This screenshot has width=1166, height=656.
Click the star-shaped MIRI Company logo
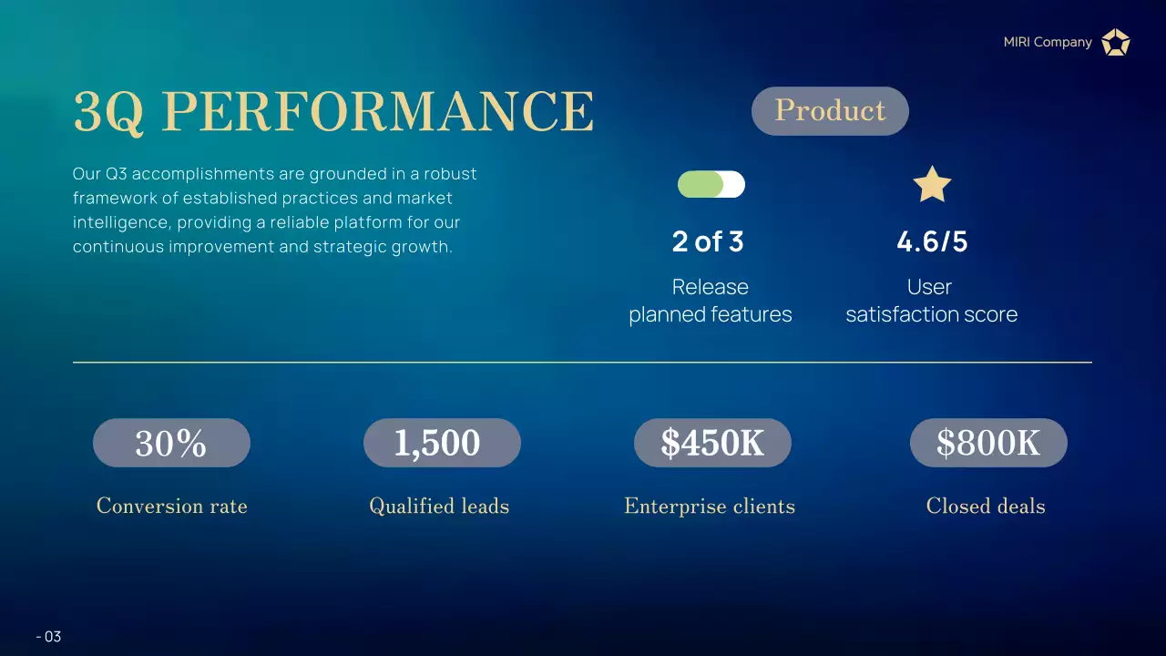1115,42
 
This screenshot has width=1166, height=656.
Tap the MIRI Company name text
1048,42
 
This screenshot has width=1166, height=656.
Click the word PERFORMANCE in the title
383,111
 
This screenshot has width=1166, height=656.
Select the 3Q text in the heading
108,111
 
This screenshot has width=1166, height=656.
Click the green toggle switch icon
711,185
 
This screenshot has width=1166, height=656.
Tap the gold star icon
932,185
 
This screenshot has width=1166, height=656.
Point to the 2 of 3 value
708,241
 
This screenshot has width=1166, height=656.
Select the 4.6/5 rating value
932,241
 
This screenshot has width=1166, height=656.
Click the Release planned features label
711,301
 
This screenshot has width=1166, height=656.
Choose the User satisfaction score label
931,301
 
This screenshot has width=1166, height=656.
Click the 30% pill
171,443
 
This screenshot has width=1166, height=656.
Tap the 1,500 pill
442,443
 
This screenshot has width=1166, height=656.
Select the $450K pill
712,443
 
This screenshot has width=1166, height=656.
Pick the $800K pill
988,443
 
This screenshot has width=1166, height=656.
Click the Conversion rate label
172,507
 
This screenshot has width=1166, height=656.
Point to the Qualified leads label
439,507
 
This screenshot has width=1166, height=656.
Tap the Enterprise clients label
710,507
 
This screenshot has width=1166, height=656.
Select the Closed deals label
986,507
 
